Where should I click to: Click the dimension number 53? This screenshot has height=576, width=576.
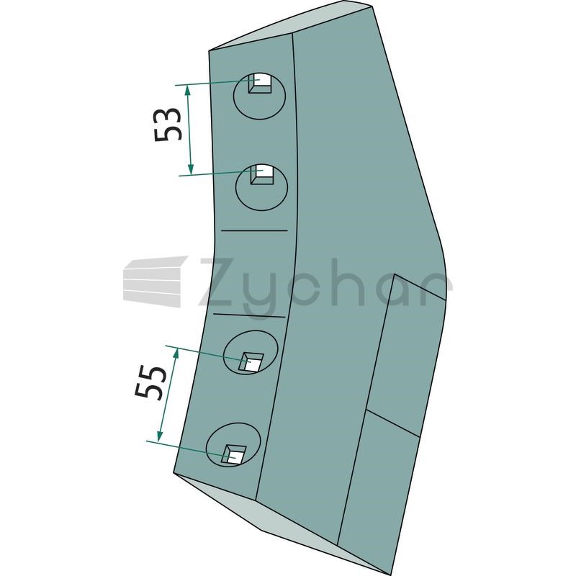(x=168, y=125)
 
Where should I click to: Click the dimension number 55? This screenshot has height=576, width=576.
(x=149, y=382)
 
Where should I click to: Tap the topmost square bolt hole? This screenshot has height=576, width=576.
(x=260, y=83)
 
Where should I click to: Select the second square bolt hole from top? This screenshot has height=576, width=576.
(x=262, y=174)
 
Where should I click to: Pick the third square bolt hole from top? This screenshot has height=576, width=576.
(x=251, y=362)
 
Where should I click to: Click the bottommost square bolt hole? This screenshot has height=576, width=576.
(x=234, y=454)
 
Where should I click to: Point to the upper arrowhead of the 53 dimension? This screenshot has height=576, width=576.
(x=188, y=90)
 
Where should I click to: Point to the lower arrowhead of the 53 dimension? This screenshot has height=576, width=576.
(x=190, y=169)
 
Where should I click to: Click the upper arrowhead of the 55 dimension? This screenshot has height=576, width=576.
(x=176, y=354)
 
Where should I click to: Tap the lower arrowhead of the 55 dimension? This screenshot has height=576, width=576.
(x=160, y=436)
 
